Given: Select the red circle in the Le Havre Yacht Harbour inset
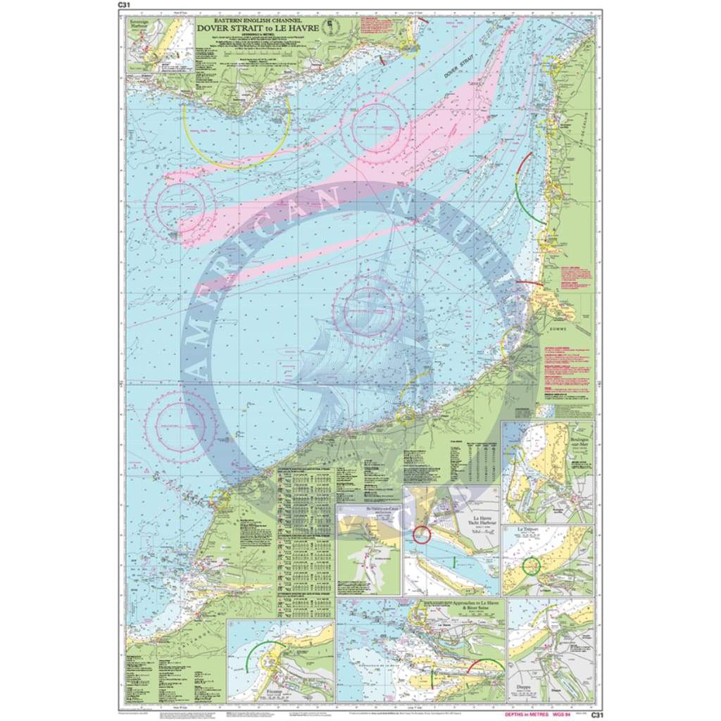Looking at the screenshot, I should click(422, 534).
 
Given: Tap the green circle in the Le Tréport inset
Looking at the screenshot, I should click(532, 565).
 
